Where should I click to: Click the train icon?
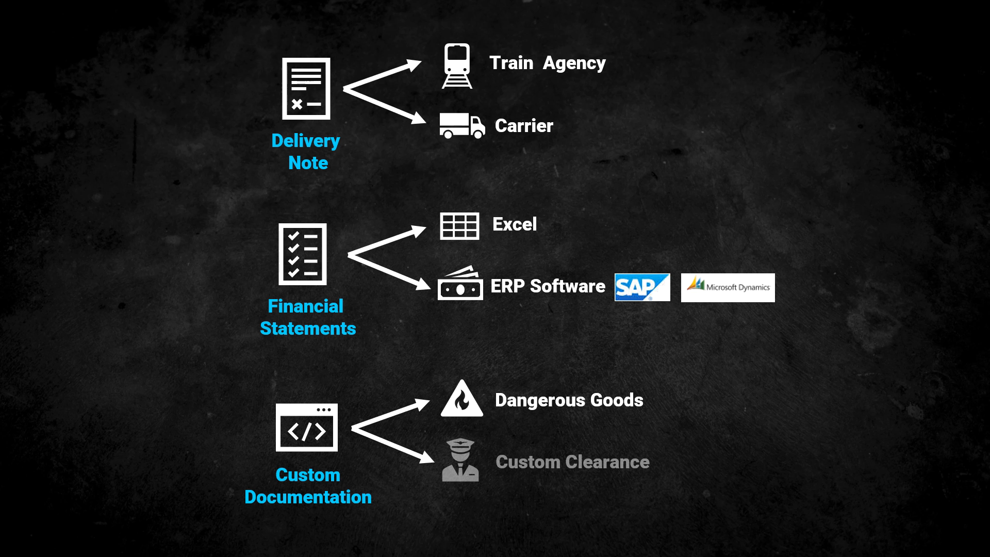click(x=457, y=66)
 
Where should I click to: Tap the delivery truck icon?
click(x=462, y=126)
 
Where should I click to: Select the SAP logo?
click(x=642, y=287)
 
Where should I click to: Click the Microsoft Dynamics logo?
click(x=728, y=287)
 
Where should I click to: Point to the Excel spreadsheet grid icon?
click(x=459, y=226)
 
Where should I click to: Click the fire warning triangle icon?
click(x=462, y=399)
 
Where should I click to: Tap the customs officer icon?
click(x=460, y=460)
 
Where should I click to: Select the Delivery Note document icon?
click(x=306, y=89)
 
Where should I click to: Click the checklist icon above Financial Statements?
click(x=303, y=254)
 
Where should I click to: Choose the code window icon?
click(x=307, y=428)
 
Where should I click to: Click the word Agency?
click(x=574, y=63)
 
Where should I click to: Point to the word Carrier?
click(x=524, y=126)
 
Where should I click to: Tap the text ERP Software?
click(x=548, y=286)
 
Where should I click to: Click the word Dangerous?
click(x=540, y=400)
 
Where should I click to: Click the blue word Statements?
click(x=308, y=329)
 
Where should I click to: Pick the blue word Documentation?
click(x=308, y=497)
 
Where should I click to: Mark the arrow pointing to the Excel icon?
click(x=387, y=241)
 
